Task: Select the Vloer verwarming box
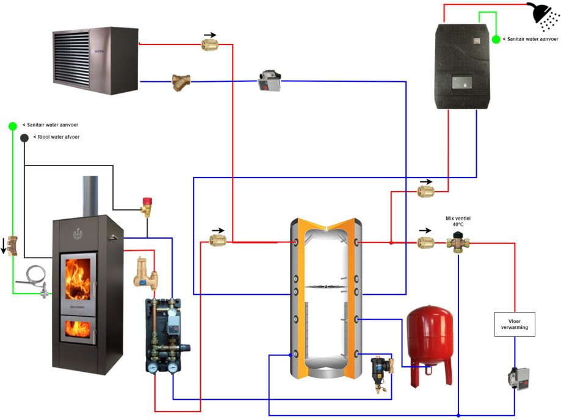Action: (x=514, y=324)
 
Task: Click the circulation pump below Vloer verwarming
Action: (x=516, y=377)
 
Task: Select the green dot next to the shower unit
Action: (x=496, y=39)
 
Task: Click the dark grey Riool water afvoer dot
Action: (x=24, y=137)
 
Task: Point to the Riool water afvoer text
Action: (x=56, y=137)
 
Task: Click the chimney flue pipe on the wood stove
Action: (x=90, y=195)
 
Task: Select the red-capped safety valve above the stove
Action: (x=147, y=206)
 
